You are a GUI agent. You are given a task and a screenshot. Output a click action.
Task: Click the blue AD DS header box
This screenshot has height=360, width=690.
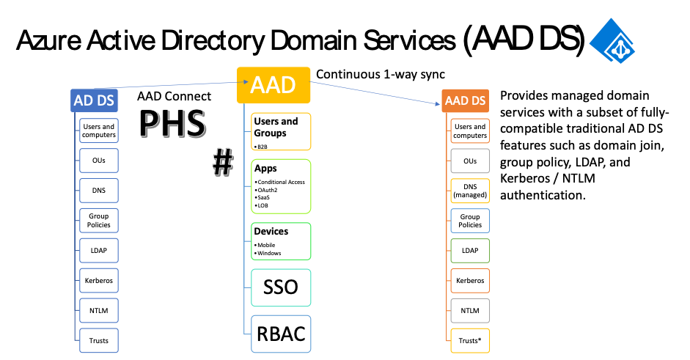(94, 100)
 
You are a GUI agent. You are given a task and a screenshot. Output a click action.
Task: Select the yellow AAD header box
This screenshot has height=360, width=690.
(274, 85)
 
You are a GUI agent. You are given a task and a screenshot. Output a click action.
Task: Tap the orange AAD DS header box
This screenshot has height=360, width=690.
(466, 100)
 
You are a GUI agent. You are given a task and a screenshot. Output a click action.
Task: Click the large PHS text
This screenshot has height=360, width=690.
(172, 124)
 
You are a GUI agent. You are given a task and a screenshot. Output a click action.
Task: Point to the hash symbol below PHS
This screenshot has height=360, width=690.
(222, 161)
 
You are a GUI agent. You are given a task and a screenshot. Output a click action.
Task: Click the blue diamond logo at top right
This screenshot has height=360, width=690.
(612, 40)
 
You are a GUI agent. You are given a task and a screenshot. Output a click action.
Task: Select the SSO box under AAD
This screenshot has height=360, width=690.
(281, 287)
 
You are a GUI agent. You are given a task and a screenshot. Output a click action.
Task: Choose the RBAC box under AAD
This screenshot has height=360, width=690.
(281, 334)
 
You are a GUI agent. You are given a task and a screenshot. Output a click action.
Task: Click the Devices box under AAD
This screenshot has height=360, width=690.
(282, 240)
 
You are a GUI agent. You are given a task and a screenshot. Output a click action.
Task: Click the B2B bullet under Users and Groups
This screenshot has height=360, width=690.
(262, 147)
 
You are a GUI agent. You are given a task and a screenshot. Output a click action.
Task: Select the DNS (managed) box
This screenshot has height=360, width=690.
(470, 191)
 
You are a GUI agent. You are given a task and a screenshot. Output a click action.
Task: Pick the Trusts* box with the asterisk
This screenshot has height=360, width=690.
(470, 341)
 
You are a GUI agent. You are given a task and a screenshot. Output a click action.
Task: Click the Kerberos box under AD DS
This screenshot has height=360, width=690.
(99, 280)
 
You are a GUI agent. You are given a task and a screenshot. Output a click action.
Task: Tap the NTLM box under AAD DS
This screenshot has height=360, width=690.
(470, 311)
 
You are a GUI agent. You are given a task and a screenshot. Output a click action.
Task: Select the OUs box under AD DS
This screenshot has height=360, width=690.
(99, 161)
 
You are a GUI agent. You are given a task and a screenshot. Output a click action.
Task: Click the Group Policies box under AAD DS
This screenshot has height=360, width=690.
(470, 221)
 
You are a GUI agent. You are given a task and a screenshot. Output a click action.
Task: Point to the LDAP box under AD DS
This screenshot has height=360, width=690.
(99, 251)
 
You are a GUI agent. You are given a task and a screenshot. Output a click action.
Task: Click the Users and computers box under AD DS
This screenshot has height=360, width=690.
(99, 131)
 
